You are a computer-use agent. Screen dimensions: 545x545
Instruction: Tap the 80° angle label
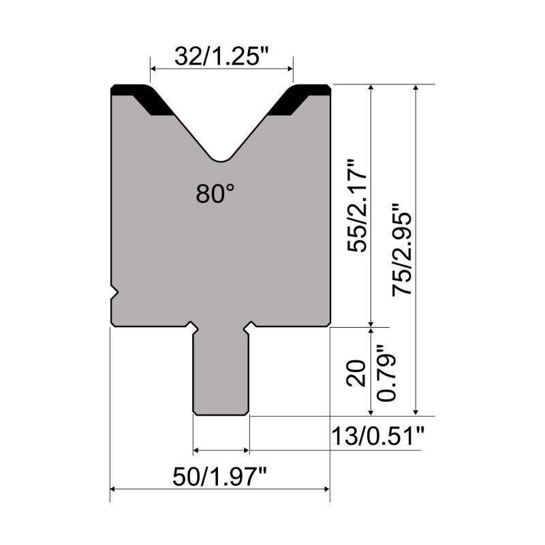point(215,193)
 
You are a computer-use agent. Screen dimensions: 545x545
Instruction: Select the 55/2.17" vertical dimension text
point(357,206)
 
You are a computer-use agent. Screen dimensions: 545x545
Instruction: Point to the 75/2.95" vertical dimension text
point(402,249)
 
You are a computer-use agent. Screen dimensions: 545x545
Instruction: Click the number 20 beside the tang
point(356,373)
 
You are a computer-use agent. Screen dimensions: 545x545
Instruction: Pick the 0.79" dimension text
point(386,373)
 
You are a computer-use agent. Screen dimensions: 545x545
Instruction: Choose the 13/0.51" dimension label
point(378,436)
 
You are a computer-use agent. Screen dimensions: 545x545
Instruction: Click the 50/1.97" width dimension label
point(219,477)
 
